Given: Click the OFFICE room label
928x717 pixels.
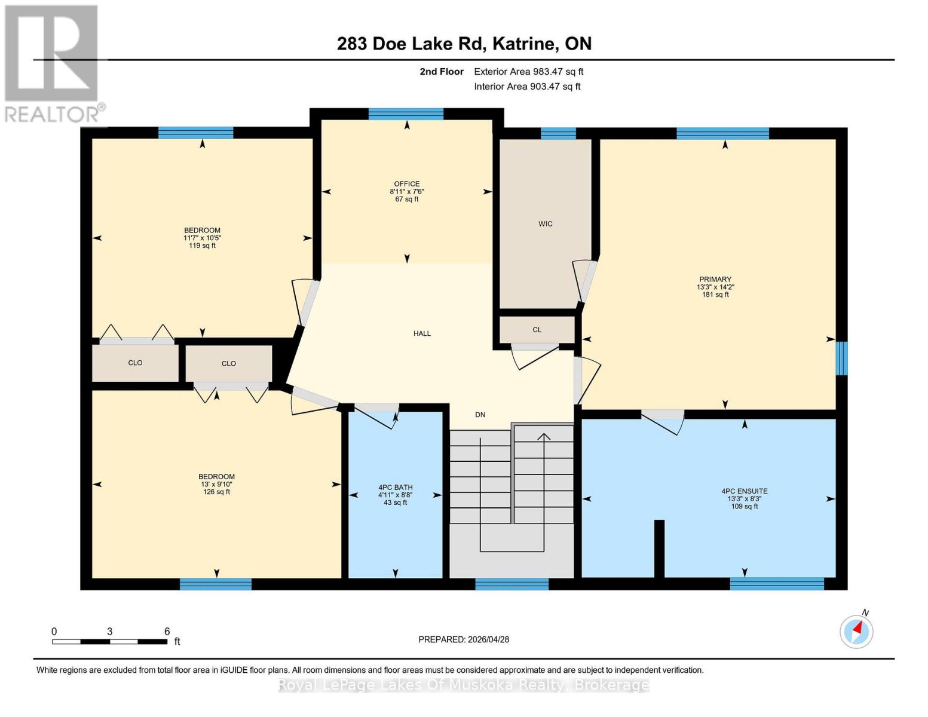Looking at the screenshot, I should [406, 184].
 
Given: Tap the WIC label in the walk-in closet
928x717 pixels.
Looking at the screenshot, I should [545, 224].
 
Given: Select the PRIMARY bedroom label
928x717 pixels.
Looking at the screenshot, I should [715, 279].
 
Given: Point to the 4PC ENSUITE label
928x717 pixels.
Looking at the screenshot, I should [744, 491].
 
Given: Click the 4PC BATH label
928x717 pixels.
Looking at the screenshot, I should [395, 488].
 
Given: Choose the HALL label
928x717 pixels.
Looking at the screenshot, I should [422, 333].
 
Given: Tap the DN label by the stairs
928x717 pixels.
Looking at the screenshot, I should [480, 415].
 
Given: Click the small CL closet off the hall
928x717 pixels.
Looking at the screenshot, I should [537, 330].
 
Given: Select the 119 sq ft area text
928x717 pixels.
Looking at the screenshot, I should [202, 246].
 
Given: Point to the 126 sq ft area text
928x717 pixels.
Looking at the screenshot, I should [216, 492].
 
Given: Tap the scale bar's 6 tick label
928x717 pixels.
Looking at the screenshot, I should [167, 632].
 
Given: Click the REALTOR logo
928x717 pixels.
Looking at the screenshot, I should [53, 63].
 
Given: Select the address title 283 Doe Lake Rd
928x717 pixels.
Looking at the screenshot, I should [464, 44].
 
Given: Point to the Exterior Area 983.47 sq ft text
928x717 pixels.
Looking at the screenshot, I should [528, 72].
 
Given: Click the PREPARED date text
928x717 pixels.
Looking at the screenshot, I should [464, 639].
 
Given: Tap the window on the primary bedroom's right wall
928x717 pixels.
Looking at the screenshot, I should [841, 358].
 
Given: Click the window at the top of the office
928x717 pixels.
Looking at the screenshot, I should [406, 114].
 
